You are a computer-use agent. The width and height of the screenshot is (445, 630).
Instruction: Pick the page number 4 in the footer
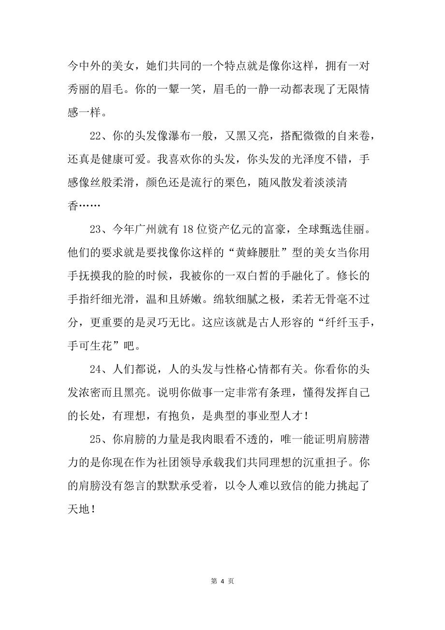(x=222, y=581)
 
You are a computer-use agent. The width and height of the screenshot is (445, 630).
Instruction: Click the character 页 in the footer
(x=231, y=581)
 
